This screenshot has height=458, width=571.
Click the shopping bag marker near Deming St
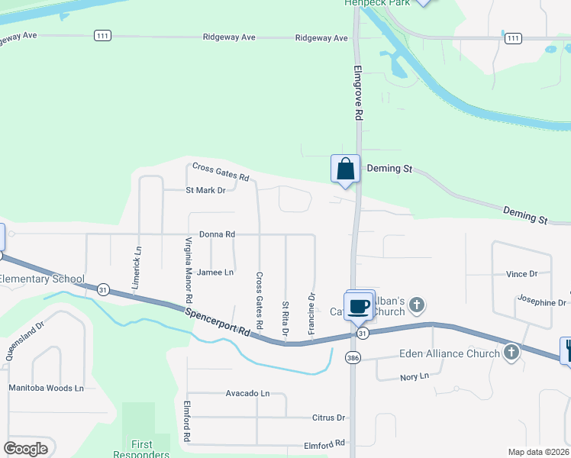click(x=345, y=168)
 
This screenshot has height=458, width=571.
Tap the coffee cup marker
click(x=359, y=306)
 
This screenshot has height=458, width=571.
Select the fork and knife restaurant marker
click(x=567, y=351)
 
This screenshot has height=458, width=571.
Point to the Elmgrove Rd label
click(x=357, y=92)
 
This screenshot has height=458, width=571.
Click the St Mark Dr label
click(x=206, y=190)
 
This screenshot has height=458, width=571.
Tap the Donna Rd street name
click(x=217, y=234)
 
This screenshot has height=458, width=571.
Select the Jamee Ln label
click(x=215, y=272)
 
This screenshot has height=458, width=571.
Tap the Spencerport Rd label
click(x=218, y=321)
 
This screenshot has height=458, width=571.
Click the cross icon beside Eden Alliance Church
click(x=511, y=353)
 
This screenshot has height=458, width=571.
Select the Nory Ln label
click(x=415, y=377)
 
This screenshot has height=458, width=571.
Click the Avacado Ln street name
click(x=247, y=393)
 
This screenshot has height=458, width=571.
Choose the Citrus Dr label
click(x=329, y=418)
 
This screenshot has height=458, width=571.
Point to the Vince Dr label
click(x=521, y=273)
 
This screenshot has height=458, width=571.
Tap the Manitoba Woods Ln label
click(x=46, y=388)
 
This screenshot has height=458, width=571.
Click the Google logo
click(x=26, y=449)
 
